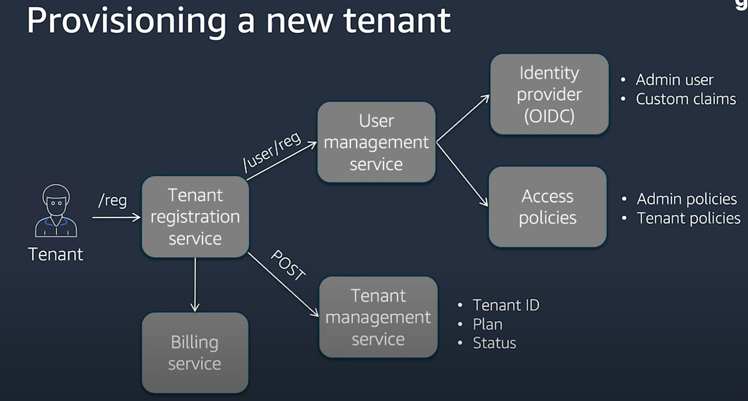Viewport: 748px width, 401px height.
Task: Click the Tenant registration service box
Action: pyautogui.click(x=195, y=217)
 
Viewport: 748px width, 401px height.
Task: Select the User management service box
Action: pyautogui.click(x=376, y=142)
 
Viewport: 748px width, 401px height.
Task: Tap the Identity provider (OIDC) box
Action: pyautogui.click(x=549, y=94)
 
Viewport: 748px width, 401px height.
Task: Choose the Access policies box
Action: pyautogui.click(x=547, y=207)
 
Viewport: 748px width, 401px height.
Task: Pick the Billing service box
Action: pyautogui.click(x=195, y=353)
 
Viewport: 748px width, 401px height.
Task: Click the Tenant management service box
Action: pyautogui.click(x=378, y=317)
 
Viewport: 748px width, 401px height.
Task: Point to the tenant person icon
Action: pyautogui.click(x=56, y=210)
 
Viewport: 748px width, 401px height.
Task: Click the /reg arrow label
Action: pyautogui.click(x=112, y=200)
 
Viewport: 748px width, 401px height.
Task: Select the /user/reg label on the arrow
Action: pyautogui.click(x=272, y=151)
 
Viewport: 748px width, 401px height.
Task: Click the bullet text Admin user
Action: pyautogui.click(x=674, y=80)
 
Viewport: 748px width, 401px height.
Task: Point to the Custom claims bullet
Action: pyautogui.click(x=685, y=99)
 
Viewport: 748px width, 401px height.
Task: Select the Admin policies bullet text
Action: pyautogui.click(x=686, y=199)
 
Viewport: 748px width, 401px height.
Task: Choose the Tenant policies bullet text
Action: pyautogui.click(x=688, y=218)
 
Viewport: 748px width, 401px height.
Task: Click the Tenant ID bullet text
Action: pyautogui.click(x=506, y=305)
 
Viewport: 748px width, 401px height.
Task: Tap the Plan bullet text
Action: pyautogui.click(x=487, y=324)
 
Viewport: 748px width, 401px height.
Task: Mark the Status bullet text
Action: pyautogui.click(x=494, y=343)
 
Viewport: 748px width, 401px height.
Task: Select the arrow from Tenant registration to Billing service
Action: pyautogui.click(x=195, y=284)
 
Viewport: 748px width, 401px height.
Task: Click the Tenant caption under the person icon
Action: pyautogui.click(x=55, y=255)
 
